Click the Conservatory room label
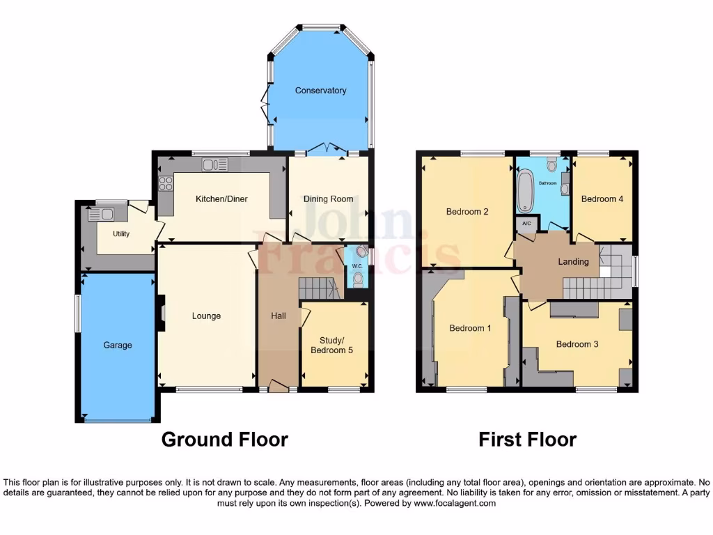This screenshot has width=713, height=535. (x=320, y=91)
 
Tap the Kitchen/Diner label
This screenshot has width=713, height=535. (x=221, y=199)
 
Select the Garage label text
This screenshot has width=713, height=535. (x=118, y=345)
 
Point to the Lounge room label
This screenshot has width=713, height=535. (x=206, y=316)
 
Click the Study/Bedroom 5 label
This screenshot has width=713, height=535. (x=336, y=346)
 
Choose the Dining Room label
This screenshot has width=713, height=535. (x=328, y=199)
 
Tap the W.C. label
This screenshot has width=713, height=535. (x=357, y=266)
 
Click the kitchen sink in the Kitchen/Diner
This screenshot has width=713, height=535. (x=214, y=164)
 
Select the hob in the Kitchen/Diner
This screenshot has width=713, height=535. (x=166, y=183)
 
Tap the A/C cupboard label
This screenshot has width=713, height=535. (x=526, y=224)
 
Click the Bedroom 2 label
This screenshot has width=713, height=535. (x=467, y=212)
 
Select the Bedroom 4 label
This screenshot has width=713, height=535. (x=602, y=199)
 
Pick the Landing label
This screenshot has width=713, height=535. (x=573, y=262)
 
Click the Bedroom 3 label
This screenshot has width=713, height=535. (x=577, y=344)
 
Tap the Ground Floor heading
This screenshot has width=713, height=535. (x=224, y=440)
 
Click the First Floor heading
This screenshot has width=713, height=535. (x=527, y=440)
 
